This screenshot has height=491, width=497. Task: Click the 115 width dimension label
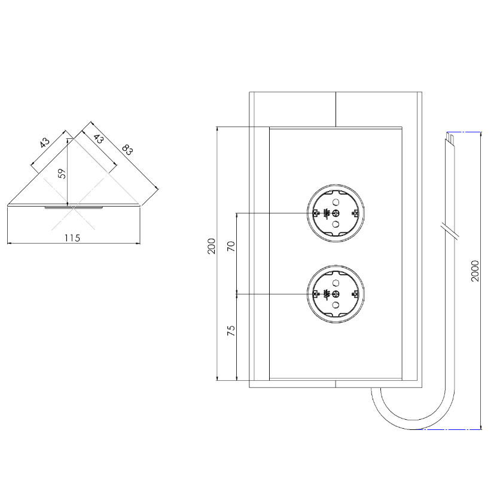pyautogui.click(x=72, y=238)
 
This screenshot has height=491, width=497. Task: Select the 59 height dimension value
pyautogui.click(x=62, y=174)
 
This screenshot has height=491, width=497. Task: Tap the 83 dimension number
pyautogui.click(x=127, y=150)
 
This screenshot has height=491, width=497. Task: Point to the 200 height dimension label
pyautogui.click(x=211, y=246)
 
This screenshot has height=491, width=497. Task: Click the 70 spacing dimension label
pyautogui.click(x=231, y=246)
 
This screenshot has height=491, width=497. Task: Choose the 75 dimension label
pyautogui.click(x=231, y=331)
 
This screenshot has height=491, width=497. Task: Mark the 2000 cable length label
pyautogui.click(x=475, y=271)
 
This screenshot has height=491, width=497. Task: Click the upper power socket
pyautogui.click(x=336, y=213)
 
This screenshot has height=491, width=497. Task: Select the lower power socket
pyautogui.click(x=336, y=294)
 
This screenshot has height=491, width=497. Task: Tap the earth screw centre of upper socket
pyautogui.click(x=336, y=213)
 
